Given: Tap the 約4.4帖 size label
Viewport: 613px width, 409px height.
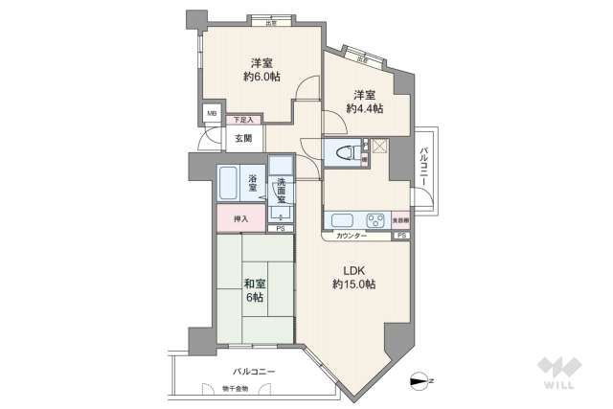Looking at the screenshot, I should click(365, 109).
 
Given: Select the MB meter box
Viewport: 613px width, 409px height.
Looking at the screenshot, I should click(212, 113).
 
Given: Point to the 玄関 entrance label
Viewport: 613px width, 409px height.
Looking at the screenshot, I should click(242, 138).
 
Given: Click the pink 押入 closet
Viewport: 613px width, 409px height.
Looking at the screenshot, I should click(240, 219).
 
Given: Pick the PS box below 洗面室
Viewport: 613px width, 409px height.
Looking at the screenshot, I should click(280, 229).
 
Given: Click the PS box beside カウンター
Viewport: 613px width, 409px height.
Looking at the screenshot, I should click(401, 236).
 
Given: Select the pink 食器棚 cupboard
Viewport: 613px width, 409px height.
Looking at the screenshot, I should click(400, 219).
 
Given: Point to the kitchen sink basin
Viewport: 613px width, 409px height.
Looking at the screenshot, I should click(342, 219).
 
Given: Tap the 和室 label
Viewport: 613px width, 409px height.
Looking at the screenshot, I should click(253, 284).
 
